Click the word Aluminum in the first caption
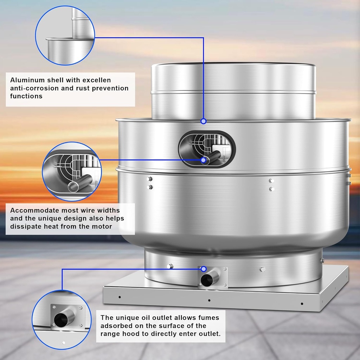pyautogui.click(x=26, y=81)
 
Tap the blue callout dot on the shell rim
pyautogui.click(x=203, y=121)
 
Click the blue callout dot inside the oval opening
pyautogui.click(x=203, y=160)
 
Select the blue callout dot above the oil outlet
pyautogui.click(x=203, y=269)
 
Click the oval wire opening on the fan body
pyautogui.click(x=207, y=149)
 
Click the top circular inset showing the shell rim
pyautogui.click(x=65, y=35)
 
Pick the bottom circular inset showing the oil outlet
pyautogui.click(x=62, y=319)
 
